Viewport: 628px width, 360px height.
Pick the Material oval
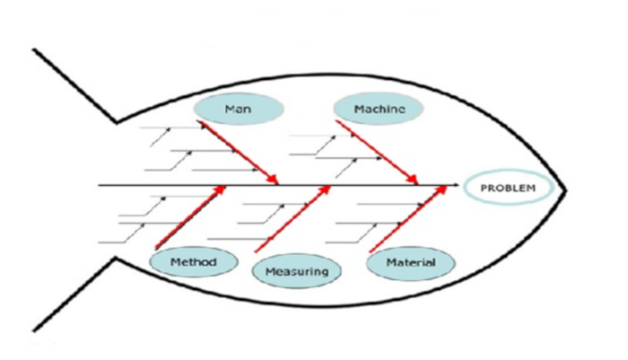(411, 262)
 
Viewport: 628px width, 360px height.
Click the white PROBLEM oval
(507, 188)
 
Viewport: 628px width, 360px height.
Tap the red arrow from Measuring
(292, 219)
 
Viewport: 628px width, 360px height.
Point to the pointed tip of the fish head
(566, 189)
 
